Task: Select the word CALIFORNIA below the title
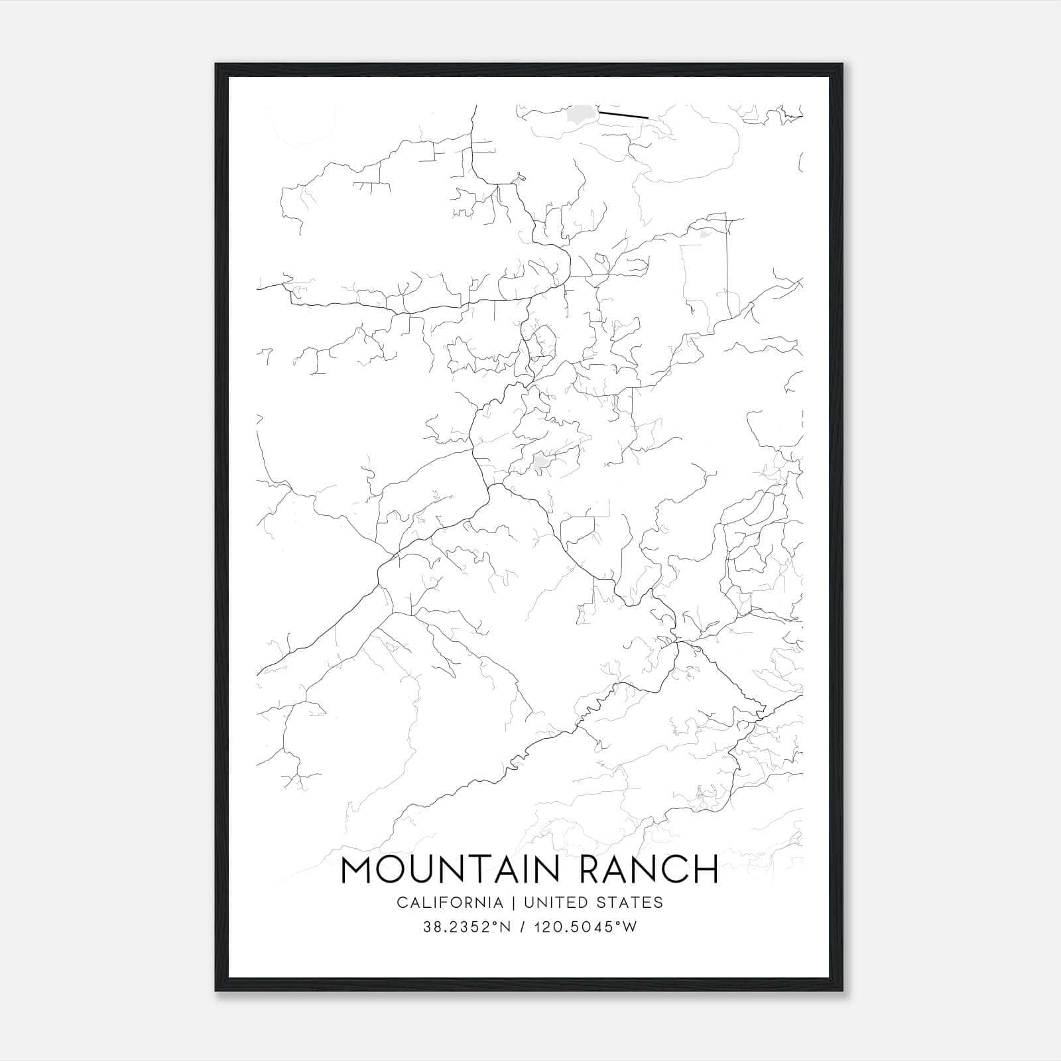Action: tap(450, 903)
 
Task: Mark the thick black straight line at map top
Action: tap(623, 115)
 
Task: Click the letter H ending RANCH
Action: tap(706, 869)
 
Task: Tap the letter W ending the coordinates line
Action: tap(630, 926)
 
